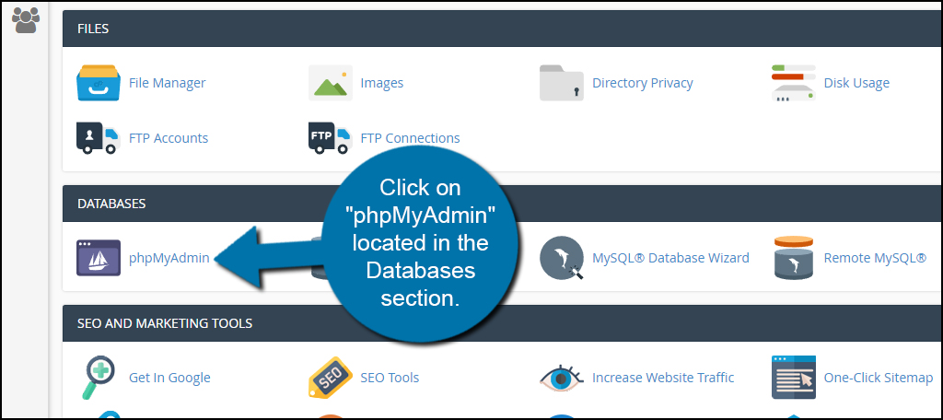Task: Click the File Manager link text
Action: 167,83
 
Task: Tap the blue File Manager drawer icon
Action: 99,83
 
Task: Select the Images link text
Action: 381,83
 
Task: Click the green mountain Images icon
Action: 331,83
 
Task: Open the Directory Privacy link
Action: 642,83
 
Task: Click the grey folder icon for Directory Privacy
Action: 562,83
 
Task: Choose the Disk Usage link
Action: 856,83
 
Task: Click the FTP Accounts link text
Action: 169,138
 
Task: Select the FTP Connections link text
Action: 410,138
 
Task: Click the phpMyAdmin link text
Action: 169,258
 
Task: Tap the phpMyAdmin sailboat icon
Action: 99,258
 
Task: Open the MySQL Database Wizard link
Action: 670,258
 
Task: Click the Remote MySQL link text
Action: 875,258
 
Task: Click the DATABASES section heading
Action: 111,204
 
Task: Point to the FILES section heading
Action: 93,29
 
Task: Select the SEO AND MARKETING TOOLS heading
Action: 165,323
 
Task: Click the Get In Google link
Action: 169,378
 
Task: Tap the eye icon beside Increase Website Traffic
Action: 562,378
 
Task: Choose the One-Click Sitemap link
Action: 879,378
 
